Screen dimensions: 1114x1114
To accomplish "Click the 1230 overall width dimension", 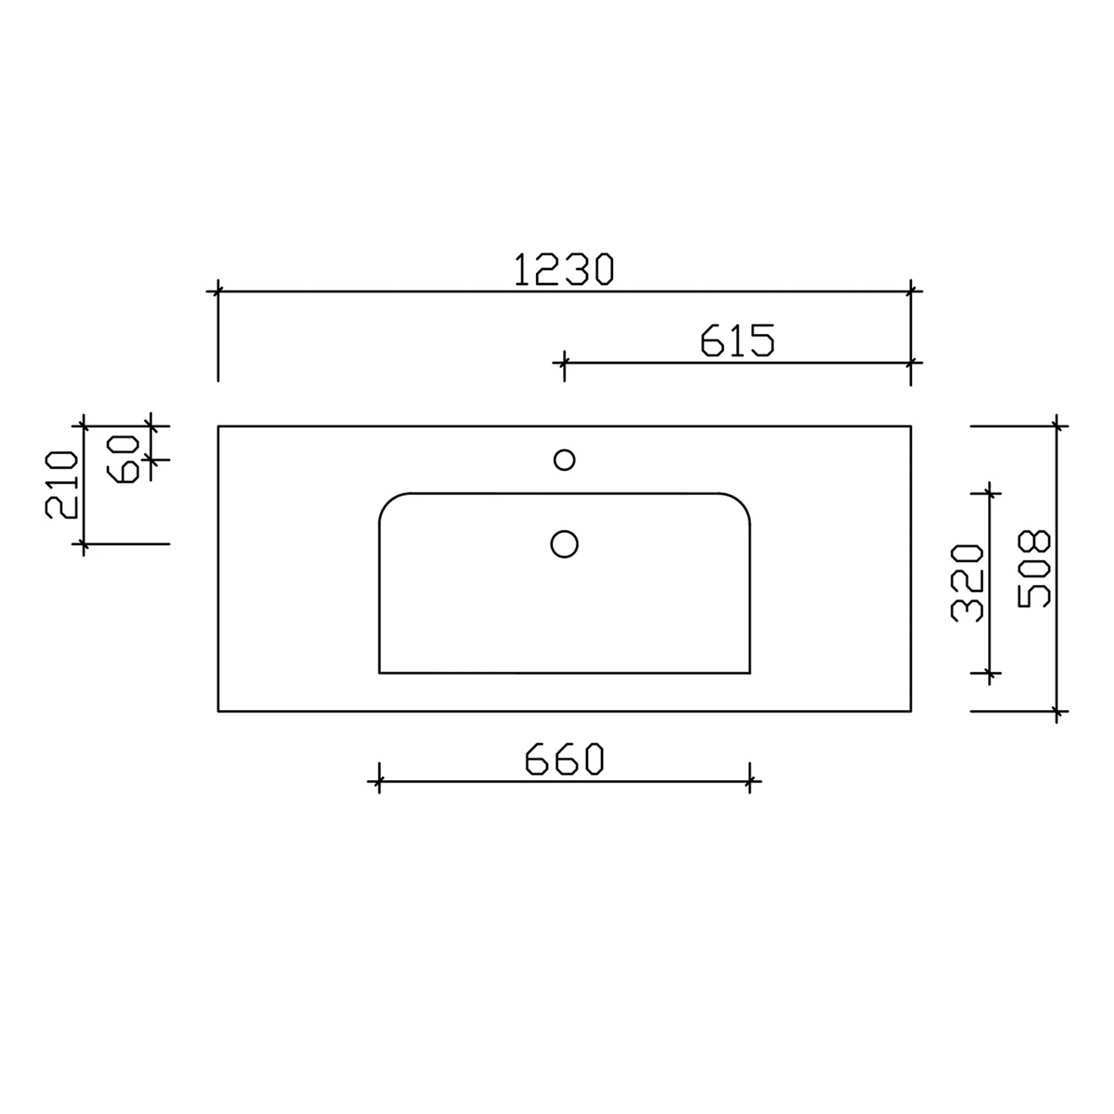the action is tap(564, 269).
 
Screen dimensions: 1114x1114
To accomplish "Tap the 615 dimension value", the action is tap(737, 340).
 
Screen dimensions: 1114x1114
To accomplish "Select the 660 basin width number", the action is tap(564, 759).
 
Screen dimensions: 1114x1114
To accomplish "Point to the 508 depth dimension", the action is tap(1034, 569).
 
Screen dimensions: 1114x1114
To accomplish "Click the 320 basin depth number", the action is tap(966, 583).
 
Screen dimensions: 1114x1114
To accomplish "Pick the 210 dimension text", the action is tap(61, 485).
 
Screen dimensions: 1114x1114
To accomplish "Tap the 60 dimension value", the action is tap(122, 459).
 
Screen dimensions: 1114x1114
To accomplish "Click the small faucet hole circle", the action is tap(564, 460).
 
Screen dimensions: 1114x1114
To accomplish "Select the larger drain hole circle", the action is tap(564, 544).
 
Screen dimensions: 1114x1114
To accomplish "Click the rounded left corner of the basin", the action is tap(389, 503).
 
